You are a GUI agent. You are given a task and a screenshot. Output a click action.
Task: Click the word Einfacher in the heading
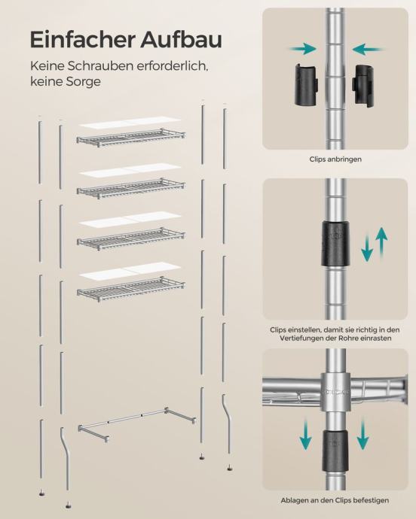tap(83, 39)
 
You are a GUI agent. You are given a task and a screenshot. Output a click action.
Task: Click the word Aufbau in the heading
tap(181, 39)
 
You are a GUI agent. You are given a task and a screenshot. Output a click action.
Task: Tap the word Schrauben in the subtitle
tap(100, 66)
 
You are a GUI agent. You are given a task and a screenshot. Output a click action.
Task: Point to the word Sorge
tap(83, 81)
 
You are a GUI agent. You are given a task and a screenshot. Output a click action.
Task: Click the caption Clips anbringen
tap(335, 159)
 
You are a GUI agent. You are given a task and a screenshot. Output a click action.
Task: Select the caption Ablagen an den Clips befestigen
tap(335, 500)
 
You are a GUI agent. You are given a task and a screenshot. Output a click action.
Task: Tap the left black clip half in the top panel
tap(307, 84)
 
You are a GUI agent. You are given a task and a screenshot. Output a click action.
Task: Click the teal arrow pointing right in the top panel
tap(302, 50)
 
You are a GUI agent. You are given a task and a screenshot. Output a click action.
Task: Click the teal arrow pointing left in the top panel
tap(369, 50)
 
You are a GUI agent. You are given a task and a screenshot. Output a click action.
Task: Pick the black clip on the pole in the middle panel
tap(335, 244)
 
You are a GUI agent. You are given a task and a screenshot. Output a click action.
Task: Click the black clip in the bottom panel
tap(335, 451)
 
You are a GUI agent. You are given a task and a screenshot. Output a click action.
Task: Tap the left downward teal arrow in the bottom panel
tap(305, 433)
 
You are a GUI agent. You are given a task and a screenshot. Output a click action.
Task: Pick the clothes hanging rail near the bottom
tap(136, 424)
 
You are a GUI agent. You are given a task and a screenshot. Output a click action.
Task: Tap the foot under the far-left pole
tap(41, 493)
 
